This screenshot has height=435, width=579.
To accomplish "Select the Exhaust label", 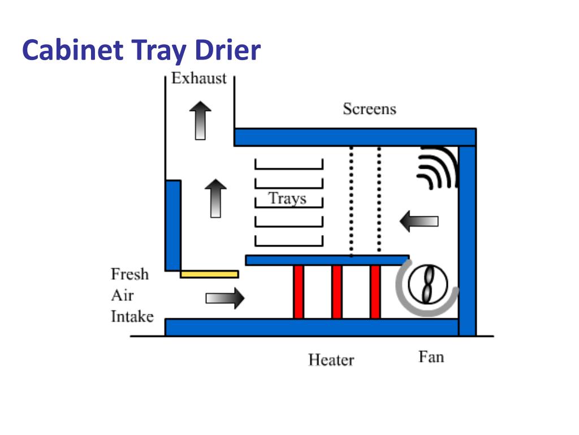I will tap(198, 78).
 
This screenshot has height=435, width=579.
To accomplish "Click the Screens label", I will tap(369, 109).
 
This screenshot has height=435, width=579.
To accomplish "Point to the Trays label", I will tap(287, 199).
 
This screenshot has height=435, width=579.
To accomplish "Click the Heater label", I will tap(331, 360).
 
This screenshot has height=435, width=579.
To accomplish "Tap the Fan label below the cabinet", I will tap(431, 357).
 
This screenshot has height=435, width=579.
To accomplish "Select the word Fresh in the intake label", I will tap(129, 274).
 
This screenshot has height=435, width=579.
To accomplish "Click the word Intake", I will tap(132, 316).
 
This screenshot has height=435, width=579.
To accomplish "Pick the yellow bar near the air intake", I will tap(209, 274).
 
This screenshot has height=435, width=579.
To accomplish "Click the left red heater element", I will tap(299, 292).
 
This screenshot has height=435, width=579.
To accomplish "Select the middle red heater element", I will tap(337, 292).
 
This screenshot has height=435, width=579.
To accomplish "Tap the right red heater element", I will tap(375, 292).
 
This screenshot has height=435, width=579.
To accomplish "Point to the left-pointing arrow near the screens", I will tap(419, 220).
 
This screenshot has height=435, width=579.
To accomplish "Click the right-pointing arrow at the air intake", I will tap(224, 297).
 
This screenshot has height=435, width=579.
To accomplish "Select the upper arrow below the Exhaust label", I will tap(200, 120).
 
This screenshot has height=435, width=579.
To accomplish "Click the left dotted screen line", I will tap(352, 201).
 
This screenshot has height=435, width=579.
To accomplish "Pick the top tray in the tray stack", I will tap(288, 165).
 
